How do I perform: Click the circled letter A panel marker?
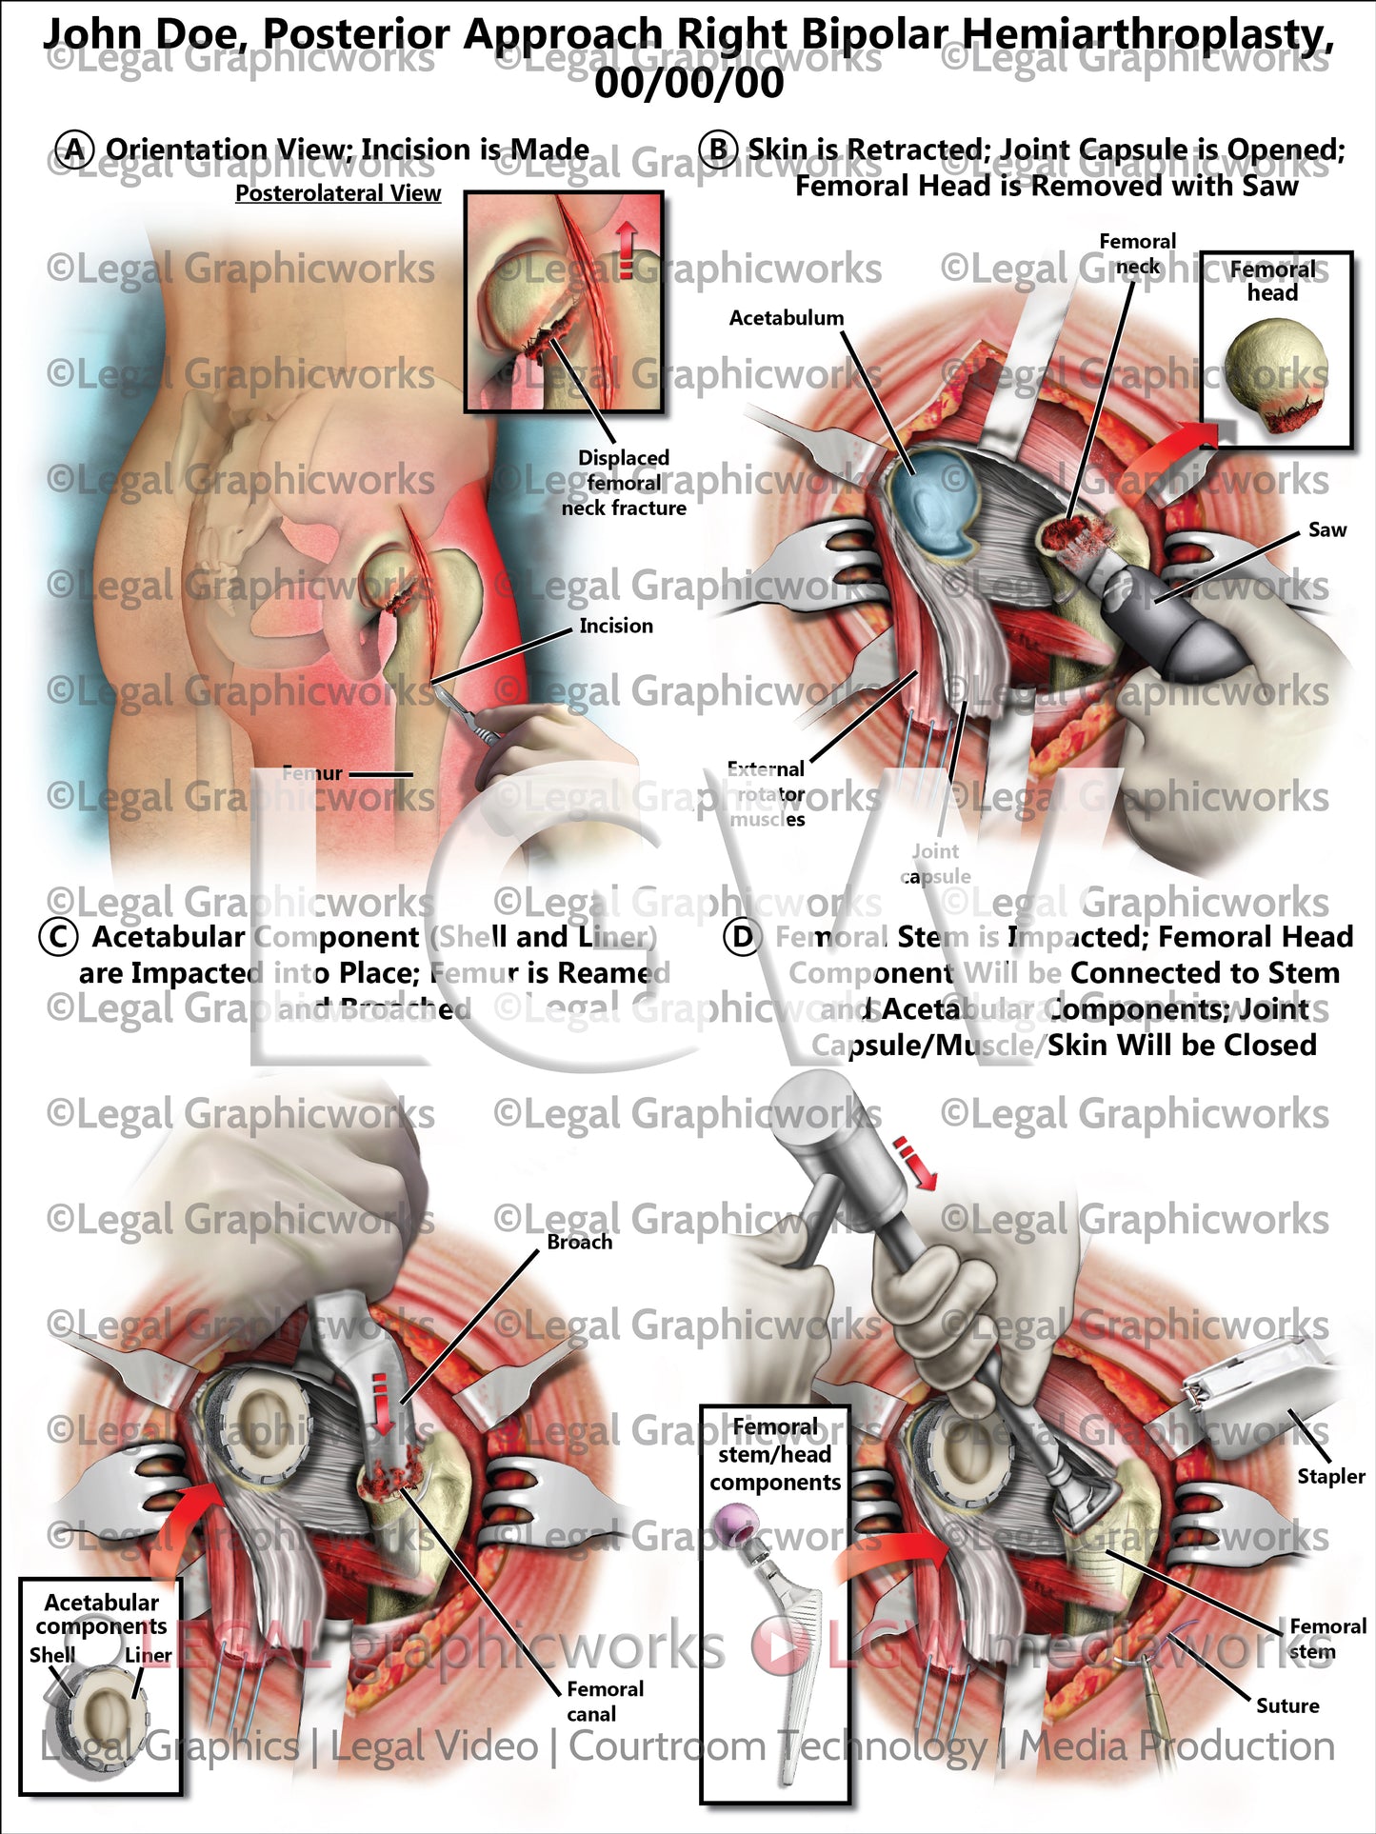tap(74, 150)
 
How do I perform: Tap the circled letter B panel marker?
tap(718, 150)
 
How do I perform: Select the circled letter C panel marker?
tap(57, 937)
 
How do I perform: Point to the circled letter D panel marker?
tap(742, 937)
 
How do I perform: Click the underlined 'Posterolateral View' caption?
tap(338, 193)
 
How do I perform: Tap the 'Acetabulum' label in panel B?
tap(786, 318)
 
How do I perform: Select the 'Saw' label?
tap(1326, 530)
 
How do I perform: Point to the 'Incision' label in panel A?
tap(616, 626)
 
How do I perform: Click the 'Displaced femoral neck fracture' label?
tap(624, 483)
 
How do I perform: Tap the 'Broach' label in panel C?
tap(579, 1242)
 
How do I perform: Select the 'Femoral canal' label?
tap(604, 1701)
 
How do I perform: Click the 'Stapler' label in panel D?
tap(1330, 1476)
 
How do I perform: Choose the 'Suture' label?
tap(1287, 1705)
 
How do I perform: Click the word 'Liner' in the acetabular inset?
tap(148, 1655)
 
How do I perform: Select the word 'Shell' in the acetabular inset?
tap(51, 1655)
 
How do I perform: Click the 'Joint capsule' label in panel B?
tap(935, 864)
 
